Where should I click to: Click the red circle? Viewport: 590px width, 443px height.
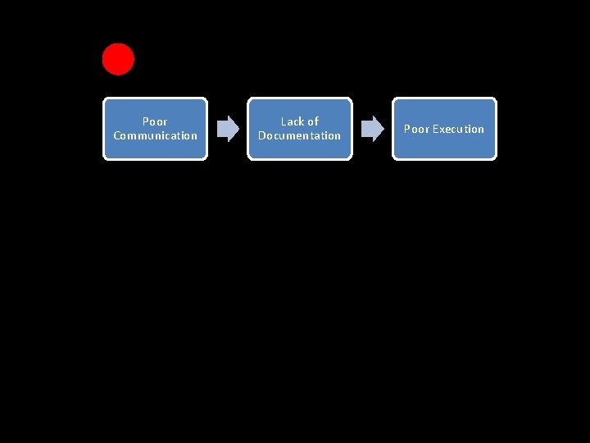click(x=118, y=59)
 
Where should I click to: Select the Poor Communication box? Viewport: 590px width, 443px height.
click(x=155, y=129)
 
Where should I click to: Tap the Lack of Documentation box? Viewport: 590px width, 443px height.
click(x=299, y=129)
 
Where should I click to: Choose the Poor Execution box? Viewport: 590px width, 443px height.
click(x=444, y=129)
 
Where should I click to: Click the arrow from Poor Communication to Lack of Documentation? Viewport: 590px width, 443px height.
click(x=228, y=129)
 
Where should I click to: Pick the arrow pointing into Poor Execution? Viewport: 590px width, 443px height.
click(x=372, y=129)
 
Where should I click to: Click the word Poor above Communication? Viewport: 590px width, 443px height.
click(x=155, y=121)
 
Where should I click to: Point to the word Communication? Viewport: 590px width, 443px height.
click(x=155, y=136)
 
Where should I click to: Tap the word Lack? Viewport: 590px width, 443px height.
click(x=292, y=121)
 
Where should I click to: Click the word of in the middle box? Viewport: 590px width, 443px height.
click(x=312, y=121)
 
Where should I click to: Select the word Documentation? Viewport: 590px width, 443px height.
click(x=299, y=136)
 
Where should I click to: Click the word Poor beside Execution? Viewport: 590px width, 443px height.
click(x=416, y=129)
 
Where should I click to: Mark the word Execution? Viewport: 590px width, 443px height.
click(x=458, y=129)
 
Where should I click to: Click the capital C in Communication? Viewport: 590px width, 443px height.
click(x=116, y=136)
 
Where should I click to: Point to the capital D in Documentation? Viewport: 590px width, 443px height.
click(x=261, y=136)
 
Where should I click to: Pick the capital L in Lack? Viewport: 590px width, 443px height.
click(x=284, y=121)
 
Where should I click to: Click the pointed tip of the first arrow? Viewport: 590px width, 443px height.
click(x=238, y=129)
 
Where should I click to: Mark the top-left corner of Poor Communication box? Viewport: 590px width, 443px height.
click(x=104, y=100)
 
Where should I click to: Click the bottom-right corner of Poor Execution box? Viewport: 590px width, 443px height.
click(x=494, y=158)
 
